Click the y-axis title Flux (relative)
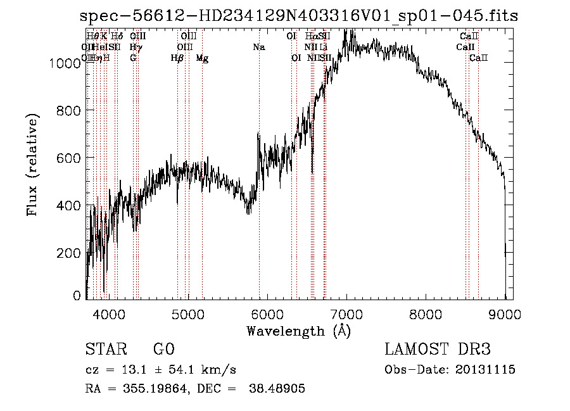point(32,164)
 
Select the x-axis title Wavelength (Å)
point(298,331)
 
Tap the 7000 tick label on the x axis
point(346,315)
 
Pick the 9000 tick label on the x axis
point(505,315)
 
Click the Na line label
point(258,47)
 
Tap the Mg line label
point(202,58)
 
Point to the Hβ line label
point(177,58)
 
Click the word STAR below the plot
point(106,349)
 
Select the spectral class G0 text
point(163,349)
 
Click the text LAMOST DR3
point(438,349)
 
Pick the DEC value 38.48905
point(279,389)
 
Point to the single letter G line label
point(133,58)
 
